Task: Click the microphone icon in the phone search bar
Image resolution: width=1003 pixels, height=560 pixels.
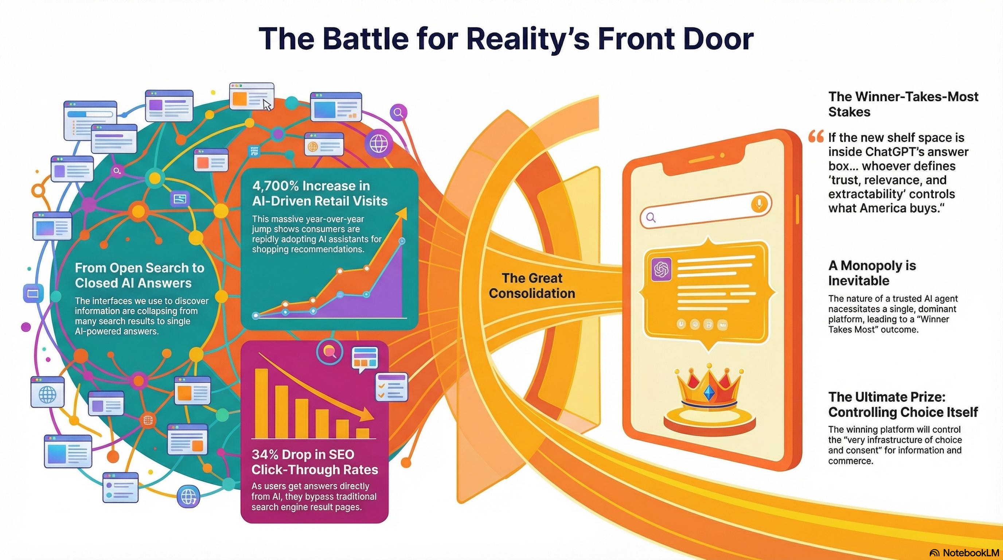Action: point(759,203)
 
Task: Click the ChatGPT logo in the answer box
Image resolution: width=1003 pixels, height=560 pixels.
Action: point(661,269)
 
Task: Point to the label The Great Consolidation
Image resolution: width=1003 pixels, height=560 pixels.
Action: point(532,285)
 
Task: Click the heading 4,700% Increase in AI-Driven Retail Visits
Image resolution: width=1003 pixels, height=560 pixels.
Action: point(320,193)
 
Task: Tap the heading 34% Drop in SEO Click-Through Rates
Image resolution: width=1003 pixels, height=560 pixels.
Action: point(315,462)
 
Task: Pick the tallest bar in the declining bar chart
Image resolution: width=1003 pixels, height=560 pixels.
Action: point(261,403)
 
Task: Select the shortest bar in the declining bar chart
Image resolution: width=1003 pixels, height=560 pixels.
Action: point(363,433)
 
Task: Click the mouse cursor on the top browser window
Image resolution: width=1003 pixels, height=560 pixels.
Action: point(267,105)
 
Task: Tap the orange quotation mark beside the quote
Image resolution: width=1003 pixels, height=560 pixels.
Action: point(816,137)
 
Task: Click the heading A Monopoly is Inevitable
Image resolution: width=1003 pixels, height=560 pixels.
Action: point(872,273)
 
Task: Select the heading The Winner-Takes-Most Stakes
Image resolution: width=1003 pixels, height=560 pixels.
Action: point(903,104)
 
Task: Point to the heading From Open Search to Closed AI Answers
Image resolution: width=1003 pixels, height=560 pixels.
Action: point(139,275)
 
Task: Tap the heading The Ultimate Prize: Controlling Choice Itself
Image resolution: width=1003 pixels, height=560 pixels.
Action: point(903,404)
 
